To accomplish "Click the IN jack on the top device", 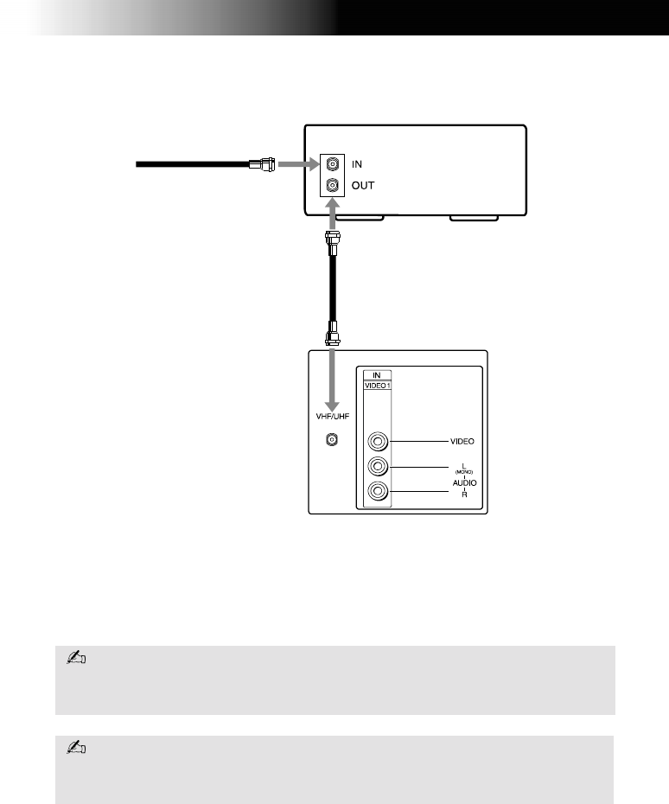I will click(x=332, y=163).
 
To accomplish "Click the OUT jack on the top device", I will click(x=332, y=184).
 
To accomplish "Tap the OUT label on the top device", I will click(x=364, y=185).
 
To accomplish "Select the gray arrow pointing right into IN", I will click(x=297, y=163).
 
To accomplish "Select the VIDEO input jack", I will click(x=378, y=441).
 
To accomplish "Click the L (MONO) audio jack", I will click(x=378, y=467).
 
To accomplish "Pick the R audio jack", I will click(x=378, y=492).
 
